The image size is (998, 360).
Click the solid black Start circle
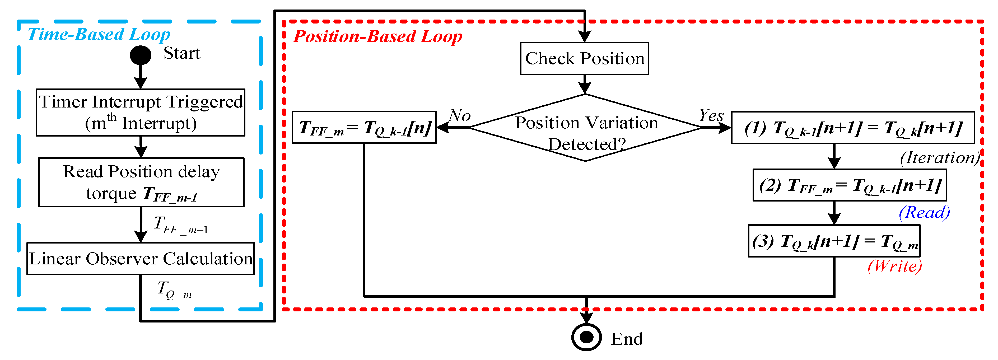click(140, 55)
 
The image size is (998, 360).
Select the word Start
click(182, 53)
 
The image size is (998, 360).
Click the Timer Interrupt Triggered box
click(140, 112)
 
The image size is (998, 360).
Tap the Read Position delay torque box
click(141, 182)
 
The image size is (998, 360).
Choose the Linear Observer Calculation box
click(141, 259)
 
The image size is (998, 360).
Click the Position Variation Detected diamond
click(585, 128)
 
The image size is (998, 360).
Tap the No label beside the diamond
click(460, 115)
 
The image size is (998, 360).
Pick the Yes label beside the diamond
click(711, 115)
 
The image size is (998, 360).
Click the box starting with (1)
click(852, 128)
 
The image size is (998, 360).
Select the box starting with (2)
click(850, 185)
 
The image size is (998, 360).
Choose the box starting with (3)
click(834, 241)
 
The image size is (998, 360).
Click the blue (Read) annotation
click(924, 212)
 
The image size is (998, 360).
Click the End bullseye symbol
click(586, 337)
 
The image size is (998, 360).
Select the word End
click(627, 339)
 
